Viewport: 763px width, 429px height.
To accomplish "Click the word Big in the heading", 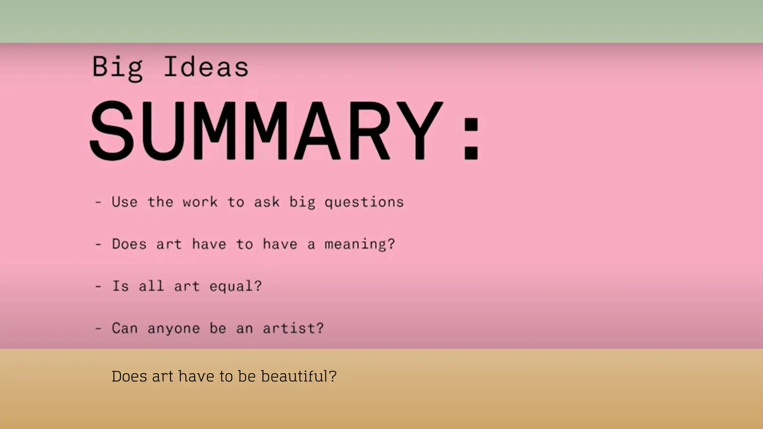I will [117, 68].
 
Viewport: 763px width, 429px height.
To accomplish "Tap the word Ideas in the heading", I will [206, 67].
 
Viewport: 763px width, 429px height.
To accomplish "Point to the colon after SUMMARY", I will [471, 139].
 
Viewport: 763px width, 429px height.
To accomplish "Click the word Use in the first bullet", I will [124, 202].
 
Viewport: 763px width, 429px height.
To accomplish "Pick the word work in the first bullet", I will [200, 202].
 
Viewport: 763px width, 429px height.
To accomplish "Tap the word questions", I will [364, 203].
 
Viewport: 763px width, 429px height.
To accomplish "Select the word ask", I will [267, 202].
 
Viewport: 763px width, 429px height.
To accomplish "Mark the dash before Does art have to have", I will [98, 245].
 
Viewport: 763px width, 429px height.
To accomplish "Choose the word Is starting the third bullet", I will [120, 286].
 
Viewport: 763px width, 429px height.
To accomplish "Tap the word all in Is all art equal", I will [151, 286].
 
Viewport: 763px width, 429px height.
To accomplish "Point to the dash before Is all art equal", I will [98, 287].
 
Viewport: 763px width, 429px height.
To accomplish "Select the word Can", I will [124, 328].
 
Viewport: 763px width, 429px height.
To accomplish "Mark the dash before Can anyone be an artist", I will [98, 329].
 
